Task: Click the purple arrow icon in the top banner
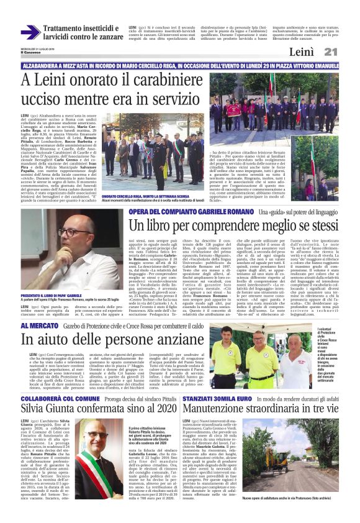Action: [x=30, y=32]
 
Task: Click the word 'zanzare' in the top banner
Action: [x=106, y=37]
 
